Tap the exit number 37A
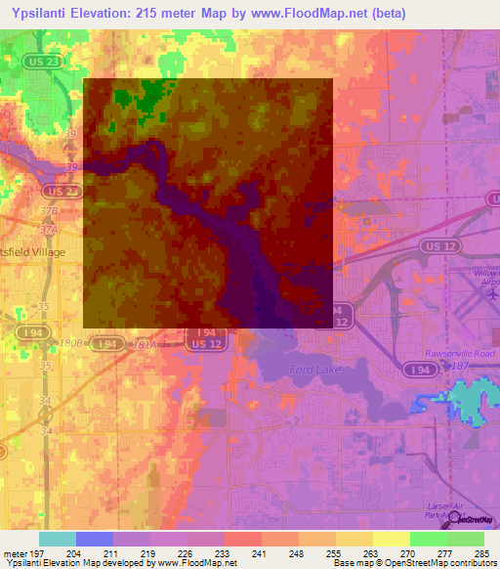pyautogui.click(x=46, y=228)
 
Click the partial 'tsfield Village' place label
pyautogui.click(x=32, y=252)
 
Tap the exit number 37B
pyautogui.click(x=45, y=210)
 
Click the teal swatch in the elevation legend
pyautogui.click(x=57, y=539)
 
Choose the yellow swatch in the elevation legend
pyautogui.click(x=392, y=539)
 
